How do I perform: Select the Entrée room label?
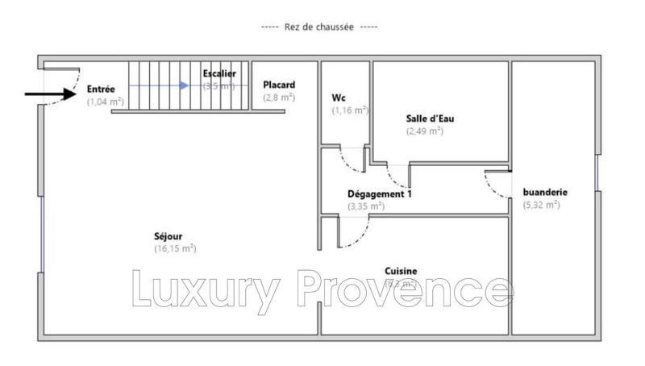coord(102,89)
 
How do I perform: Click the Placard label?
coord(279,85)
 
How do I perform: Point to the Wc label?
coord(339,98)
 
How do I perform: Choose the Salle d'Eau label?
coord(424,119)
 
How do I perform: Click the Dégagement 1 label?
coord(377,194)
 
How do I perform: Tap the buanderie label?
coord(546,193)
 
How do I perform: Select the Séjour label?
coord(168,236)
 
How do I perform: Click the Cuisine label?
coord(401,272)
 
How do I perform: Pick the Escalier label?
coord(218,74)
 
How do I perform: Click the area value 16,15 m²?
coord(175,249)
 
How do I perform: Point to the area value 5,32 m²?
coord(541,205)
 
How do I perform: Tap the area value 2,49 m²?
coord(424,131)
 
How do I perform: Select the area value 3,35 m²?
coord(365,206)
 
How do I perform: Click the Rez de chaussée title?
coord(319,27)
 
